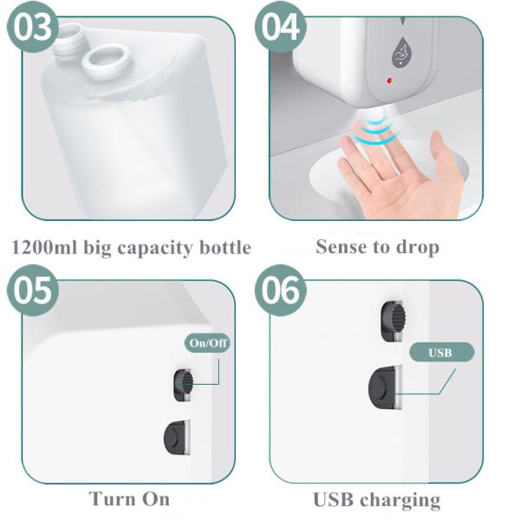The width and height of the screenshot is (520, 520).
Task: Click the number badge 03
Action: pos(32,28)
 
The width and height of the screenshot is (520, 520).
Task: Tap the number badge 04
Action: pos(282,28)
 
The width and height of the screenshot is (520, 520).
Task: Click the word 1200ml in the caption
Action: pos(42,248)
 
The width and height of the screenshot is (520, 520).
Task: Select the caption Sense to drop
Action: pos(377,247)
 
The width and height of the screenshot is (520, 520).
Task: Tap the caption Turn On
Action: pos(129,498)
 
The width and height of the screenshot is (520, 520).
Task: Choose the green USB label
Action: pos(442,352)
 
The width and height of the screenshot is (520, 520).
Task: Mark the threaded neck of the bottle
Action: pos(68,36)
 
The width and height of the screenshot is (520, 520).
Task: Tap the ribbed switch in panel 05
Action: pos(183,385)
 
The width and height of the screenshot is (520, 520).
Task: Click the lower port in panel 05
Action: pos(178,439)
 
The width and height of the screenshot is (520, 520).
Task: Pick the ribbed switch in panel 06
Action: pos(393,322)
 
